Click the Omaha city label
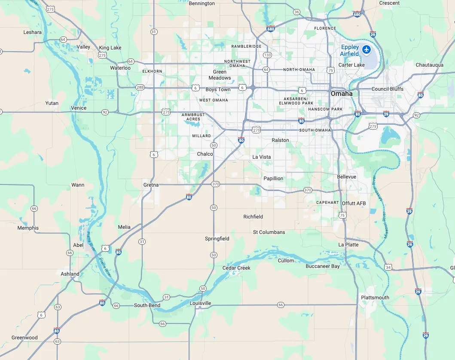click(342, 93)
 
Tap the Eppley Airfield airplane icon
click(366, 49)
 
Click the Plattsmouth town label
click(375, 298)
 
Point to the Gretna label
click(151, 185)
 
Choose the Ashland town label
click(70, 274)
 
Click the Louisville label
click(200, 303)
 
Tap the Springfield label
click(217, 239)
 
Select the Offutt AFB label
click(354, 203)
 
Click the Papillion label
click(273, 178)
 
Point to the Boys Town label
click(218, 89)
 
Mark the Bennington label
click(202, 3)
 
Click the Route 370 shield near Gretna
click(215, 184)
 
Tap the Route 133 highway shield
click(267, 55)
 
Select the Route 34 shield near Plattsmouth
click(388, 267)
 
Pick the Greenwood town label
click(24, 338)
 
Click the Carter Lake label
click(351, 65)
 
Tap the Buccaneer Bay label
click(323, 266)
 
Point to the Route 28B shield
click(140, 87)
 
